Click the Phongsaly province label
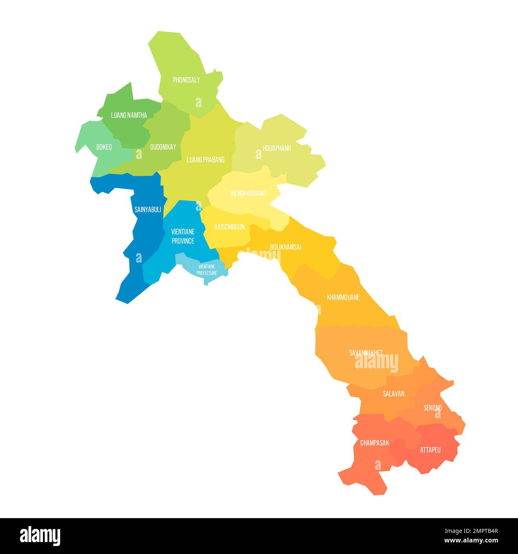(x=186, y=80)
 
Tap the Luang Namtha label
(x=129, y=115)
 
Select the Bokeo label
(x=104, y=147)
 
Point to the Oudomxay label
(x=163, y=147)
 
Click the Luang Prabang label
(x=206, y=160)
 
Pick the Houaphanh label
(x=277, y=148)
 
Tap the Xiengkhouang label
(x=248, y=194)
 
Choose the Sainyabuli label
(x=148, y=210)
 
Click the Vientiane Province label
(x=183, y=236)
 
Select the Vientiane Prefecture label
(x=207, y=270)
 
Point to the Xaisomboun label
(x=229, y=227)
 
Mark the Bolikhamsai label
(x=285, y=247)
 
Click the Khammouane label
(x=343, y=297)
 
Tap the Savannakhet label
(x=366, y=353)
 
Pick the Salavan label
(x=394, y=394)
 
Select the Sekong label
(x=432, y=408)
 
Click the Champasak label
(x=375, y=443)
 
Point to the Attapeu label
(x=430, y=450)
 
